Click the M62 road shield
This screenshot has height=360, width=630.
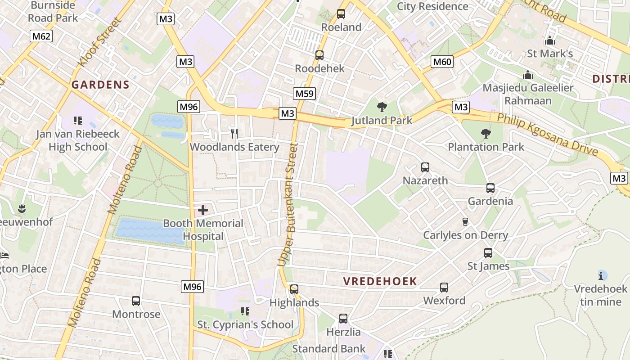click(x=41, y=36)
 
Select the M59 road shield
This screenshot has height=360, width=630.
click(x=305, y=94)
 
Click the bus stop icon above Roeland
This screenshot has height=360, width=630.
click(x=341, y=14)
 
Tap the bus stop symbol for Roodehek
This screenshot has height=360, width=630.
click(x=319, y=55)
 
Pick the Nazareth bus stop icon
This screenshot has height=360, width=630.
click(x=425, y=167)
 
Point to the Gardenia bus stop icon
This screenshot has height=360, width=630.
click(x=490, y=188)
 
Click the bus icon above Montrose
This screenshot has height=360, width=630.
click(x=136, y=301)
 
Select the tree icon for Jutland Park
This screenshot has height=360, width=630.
click(x=382, y=107)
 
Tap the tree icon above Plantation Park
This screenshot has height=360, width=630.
click(x=486, y=133)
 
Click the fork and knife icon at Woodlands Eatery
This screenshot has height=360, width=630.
click(x=234, y=133)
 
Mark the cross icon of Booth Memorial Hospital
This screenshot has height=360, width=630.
click(x=203, y=210)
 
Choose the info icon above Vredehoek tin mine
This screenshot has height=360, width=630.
click(x=602, y=275)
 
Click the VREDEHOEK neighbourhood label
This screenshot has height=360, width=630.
click(x=380, y=282)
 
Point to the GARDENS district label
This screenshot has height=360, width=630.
click(x=100, y=85)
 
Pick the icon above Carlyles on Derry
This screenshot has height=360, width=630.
click(x=465, y=221)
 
